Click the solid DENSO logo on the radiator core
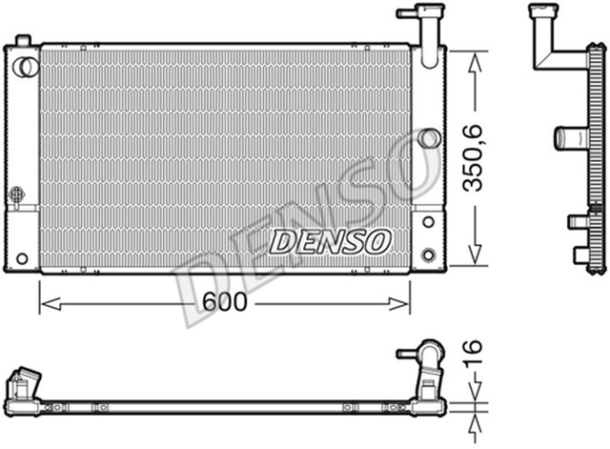(x=330, y=241)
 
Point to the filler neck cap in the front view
(x=419, y=14)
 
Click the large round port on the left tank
(x=26, y=66)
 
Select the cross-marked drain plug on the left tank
(x=16, y=194)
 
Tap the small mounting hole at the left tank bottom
(x=22, y=257)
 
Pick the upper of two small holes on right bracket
(x=428, y=221)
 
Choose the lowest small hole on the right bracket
(x=428, y=255)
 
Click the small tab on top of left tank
(x=24, y=39)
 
